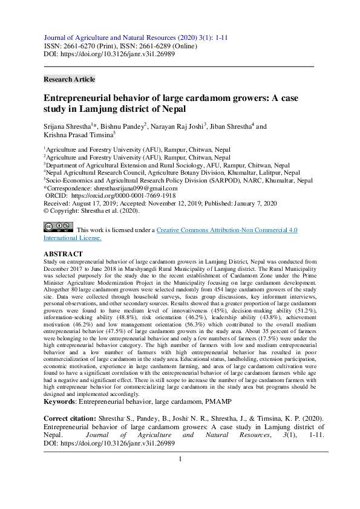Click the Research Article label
tap(69, 79)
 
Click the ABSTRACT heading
tap(64, 254)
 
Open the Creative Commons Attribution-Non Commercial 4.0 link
tap(227, 230)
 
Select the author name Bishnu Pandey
tap(124, 126)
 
